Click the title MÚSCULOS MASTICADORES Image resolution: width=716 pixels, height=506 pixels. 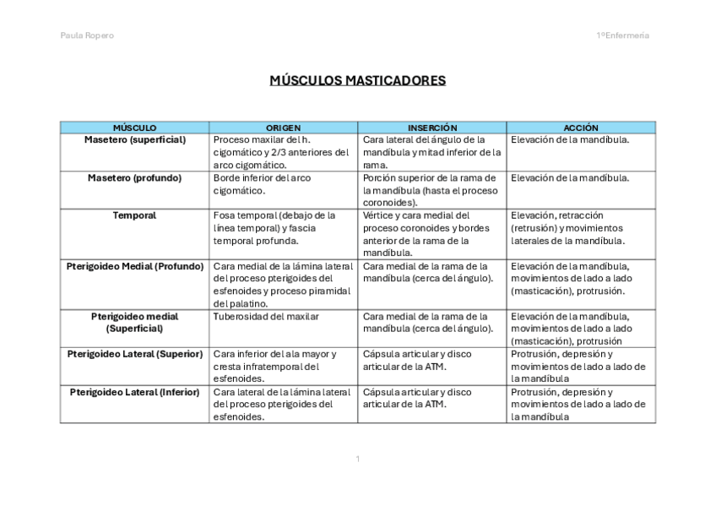(x=357, y=81)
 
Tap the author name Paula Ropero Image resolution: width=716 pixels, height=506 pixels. (x=87, y=35)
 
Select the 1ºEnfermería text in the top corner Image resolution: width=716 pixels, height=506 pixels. (x=622, y=35)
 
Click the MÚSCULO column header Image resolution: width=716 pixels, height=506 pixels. (x=134, y=128)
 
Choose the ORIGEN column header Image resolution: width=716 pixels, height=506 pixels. (x=283, y=128)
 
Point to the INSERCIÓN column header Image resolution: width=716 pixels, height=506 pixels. (x=431, y=128)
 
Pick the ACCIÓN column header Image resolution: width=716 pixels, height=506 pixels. (x=581, y=128)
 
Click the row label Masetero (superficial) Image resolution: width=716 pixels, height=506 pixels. (x=135, y=139)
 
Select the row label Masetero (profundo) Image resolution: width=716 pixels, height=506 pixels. (x=134, y=178)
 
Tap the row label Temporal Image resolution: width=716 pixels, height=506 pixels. (x=134, y=215)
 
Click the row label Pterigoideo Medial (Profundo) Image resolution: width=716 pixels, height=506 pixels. (x=135, y=266)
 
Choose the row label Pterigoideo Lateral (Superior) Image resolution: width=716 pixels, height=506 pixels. (x=135, y=354)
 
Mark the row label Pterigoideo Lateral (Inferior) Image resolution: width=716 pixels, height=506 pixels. (x=135, y=392)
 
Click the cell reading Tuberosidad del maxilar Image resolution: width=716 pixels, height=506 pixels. (x=266, y=317)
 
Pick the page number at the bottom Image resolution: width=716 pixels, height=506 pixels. (x=357, y=459)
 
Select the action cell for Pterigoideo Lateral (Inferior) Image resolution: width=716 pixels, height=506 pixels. (x=578, y=404)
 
